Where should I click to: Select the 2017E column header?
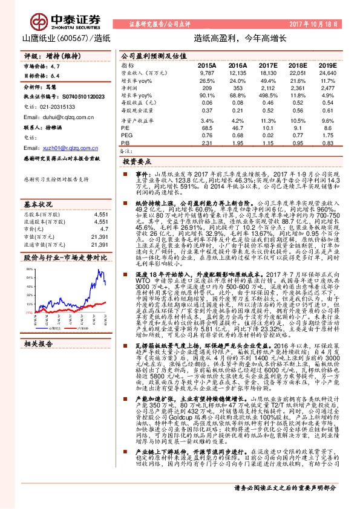pos(268,64)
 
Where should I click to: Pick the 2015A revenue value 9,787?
pos(207,73)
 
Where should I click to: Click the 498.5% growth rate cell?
pos(267,96)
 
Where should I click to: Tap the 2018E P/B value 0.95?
pos(296,143)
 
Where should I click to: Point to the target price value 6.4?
pos(56,76)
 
